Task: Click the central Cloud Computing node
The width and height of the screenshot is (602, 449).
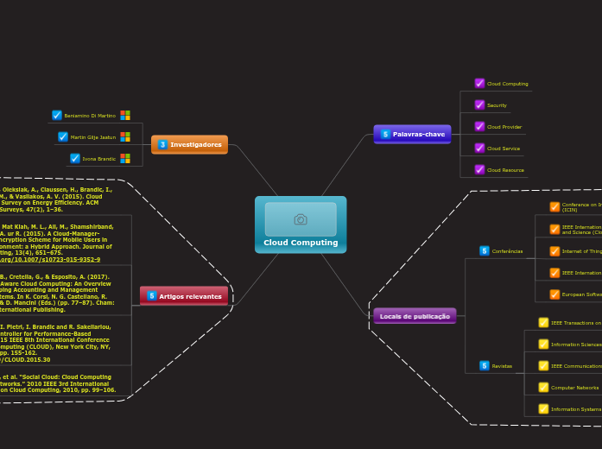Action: coord(301,243)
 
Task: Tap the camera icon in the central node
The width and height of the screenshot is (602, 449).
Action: coord(301,219)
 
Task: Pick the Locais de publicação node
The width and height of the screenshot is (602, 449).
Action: coord(415,316)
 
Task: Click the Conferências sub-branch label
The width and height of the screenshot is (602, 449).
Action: coord(507,251)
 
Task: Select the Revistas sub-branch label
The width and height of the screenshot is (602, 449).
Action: coord(502,366)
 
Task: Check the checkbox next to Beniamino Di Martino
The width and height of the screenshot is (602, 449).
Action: coord(57,115)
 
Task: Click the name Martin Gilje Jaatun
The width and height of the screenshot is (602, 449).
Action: coord(93,137)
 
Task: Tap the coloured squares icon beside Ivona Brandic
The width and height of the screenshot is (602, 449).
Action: coord(125,159)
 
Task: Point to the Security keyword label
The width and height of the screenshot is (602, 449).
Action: coord(497,105)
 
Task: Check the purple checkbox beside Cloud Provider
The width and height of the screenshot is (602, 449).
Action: coord(479,127)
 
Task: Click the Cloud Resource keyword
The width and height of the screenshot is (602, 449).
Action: coord(505,170)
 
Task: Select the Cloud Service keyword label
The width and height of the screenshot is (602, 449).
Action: coord(504,149)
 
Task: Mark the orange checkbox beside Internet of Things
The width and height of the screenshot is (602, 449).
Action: coord(554,251)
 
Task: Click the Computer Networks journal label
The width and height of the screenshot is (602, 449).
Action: coord(574,388)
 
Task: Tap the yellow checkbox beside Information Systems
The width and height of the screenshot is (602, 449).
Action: coord(543,409)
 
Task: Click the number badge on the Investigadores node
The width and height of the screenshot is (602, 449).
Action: coord(162,144)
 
